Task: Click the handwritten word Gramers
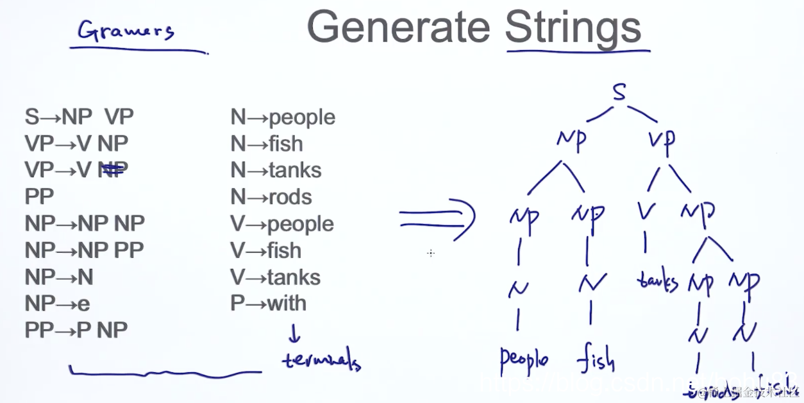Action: (125, 30)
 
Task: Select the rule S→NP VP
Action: (79, 117)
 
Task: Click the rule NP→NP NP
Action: (85, 223)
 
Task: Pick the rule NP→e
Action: (58, 303)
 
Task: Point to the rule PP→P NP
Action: (76, 330)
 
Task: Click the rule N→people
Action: (283, 117)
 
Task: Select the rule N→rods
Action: (271, 196)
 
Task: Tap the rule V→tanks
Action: (275, 277)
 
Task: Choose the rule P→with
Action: (268, 303)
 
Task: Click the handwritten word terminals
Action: (321, 361)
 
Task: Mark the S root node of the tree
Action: (618, 93)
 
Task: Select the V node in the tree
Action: (644, 210)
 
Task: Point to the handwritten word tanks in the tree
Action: (657, 282)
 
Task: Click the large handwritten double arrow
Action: (439, 219)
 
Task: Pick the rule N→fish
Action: (267, 144)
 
